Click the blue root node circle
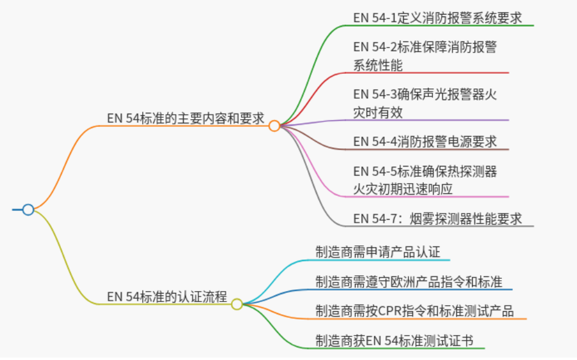tap(28, 210)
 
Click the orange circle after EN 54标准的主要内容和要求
tap(274, 126)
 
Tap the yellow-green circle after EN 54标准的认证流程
tap(237, 304)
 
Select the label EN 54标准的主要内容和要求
tap(185, 119)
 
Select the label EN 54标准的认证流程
tap(167, 297)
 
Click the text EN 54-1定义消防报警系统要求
tap(437, 18)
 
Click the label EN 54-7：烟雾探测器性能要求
tap(437, 218)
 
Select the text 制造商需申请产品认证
tap(378, 252)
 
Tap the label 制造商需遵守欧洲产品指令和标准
tap(409, 282)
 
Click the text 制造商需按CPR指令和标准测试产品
tap(414, 311)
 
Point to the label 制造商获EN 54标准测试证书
tap(394, 340)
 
